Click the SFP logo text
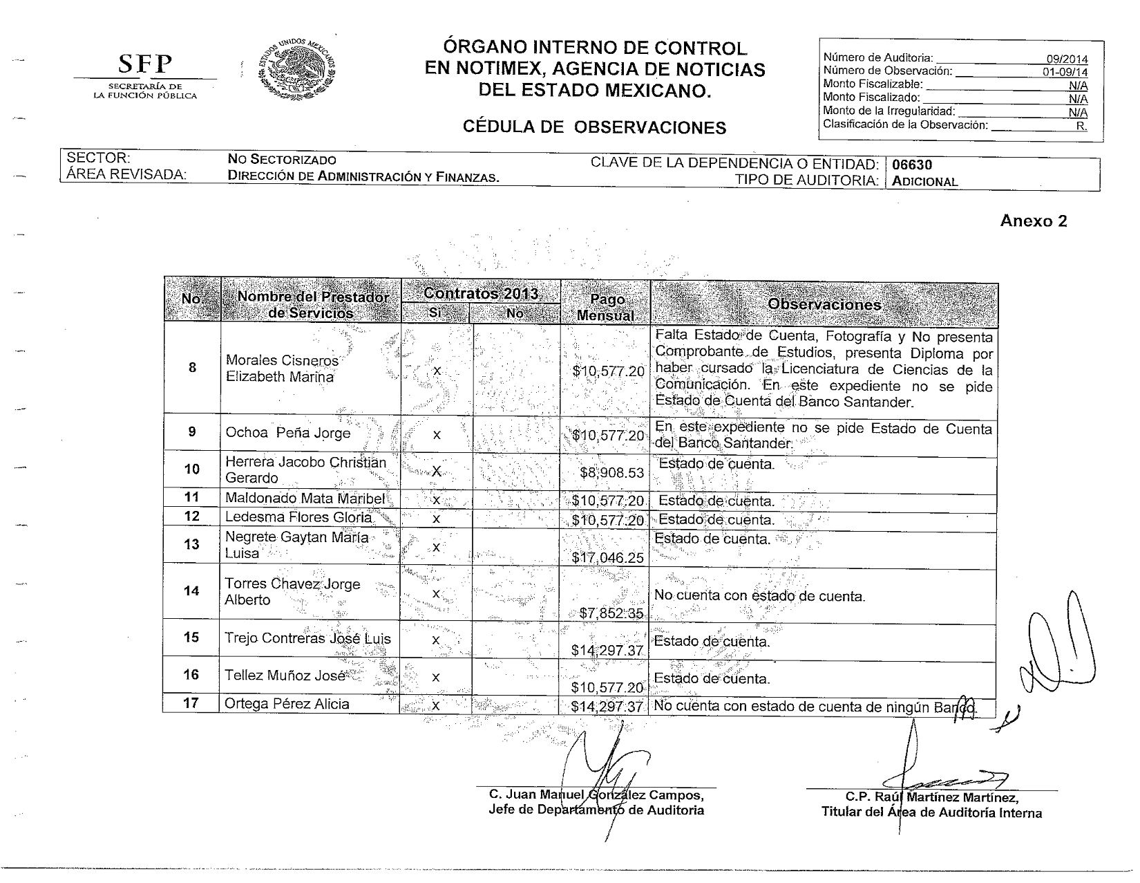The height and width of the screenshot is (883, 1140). [144, 64]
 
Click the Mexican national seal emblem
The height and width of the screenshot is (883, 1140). [296, 68]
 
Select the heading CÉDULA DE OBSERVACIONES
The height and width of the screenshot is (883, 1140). [594, 127]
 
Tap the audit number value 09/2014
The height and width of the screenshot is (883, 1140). [1067, 59]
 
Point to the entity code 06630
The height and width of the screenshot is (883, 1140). [912, 165]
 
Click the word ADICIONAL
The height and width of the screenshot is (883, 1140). [925, 182]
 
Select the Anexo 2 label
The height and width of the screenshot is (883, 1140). [1034, 221]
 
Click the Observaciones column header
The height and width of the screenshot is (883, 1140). [824, 304]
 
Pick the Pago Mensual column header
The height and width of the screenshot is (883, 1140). [606, 308]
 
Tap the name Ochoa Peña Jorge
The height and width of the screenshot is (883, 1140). [287, 434]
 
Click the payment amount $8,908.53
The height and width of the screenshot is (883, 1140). [612, 473]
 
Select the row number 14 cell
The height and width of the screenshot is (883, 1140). [191, 591]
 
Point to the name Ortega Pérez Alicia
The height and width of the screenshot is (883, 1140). [287, 704]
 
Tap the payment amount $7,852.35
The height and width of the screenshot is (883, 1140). [611, 613]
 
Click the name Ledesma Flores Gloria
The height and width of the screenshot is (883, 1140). [298, 517]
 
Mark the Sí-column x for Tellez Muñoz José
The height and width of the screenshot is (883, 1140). [436, 678]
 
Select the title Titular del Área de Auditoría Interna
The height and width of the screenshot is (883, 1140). [931, 812]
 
